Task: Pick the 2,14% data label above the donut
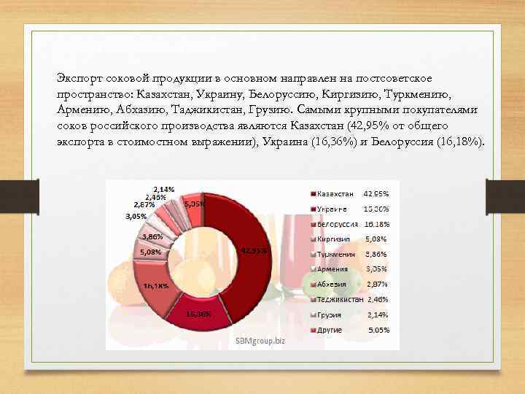[163, 189]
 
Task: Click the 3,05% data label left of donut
[136, 217]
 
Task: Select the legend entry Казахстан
[335, 194]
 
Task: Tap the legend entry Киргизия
[333, 239]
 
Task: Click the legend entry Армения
[332, 269]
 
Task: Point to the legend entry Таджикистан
[340, 299]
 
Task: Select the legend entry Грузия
[330, 314]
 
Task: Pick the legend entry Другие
[330, 330]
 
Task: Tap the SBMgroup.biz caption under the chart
[261, 341]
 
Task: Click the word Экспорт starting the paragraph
[79, 78]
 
